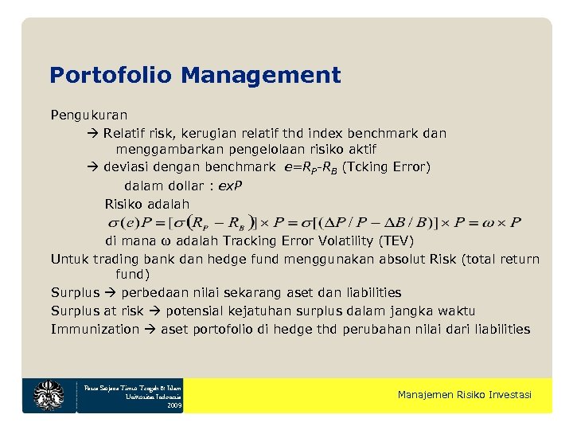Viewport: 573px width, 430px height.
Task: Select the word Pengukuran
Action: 89,115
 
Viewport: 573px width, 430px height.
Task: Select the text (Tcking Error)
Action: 385,167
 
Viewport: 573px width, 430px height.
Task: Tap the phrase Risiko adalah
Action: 147,204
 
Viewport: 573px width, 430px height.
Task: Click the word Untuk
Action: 69,259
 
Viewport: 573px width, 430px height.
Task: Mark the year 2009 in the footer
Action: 174,405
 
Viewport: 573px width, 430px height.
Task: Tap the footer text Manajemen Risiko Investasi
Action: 465,396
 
